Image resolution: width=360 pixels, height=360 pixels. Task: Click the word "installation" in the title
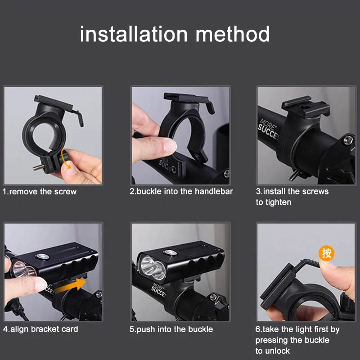point(134,34)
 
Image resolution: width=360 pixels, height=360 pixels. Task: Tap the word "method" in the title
point(232,34)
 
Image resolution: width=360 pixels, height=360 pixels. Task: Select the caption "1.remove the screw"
point(40,192)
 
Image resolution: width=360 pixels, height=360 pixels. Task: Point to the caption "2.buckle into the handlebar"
point(181,192)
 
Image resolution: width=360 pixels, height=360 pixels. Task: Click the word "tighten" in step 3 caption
point(278,202)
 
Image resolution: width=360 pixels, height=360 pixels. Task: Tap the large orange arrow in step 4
point(71,286)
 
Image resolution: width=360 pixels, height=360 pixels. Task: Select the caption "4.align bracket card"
point(40,329)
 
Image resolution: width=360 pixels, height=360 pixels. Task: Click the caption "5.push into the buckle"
point(171,329)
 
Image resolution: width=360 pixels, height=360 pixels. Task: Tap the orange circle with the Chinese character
point(326,253)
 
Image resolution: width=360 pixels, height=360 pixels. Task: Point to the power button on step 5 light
point(171,252)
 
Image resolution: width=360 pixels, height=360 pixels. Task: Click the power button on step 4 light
point(42,256)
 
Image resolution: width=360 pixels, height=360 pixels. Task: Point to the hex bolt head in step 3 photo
point(348,139)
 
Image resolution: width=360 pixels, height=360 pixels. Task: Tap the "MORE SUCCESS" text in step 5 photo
point(158,289)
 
